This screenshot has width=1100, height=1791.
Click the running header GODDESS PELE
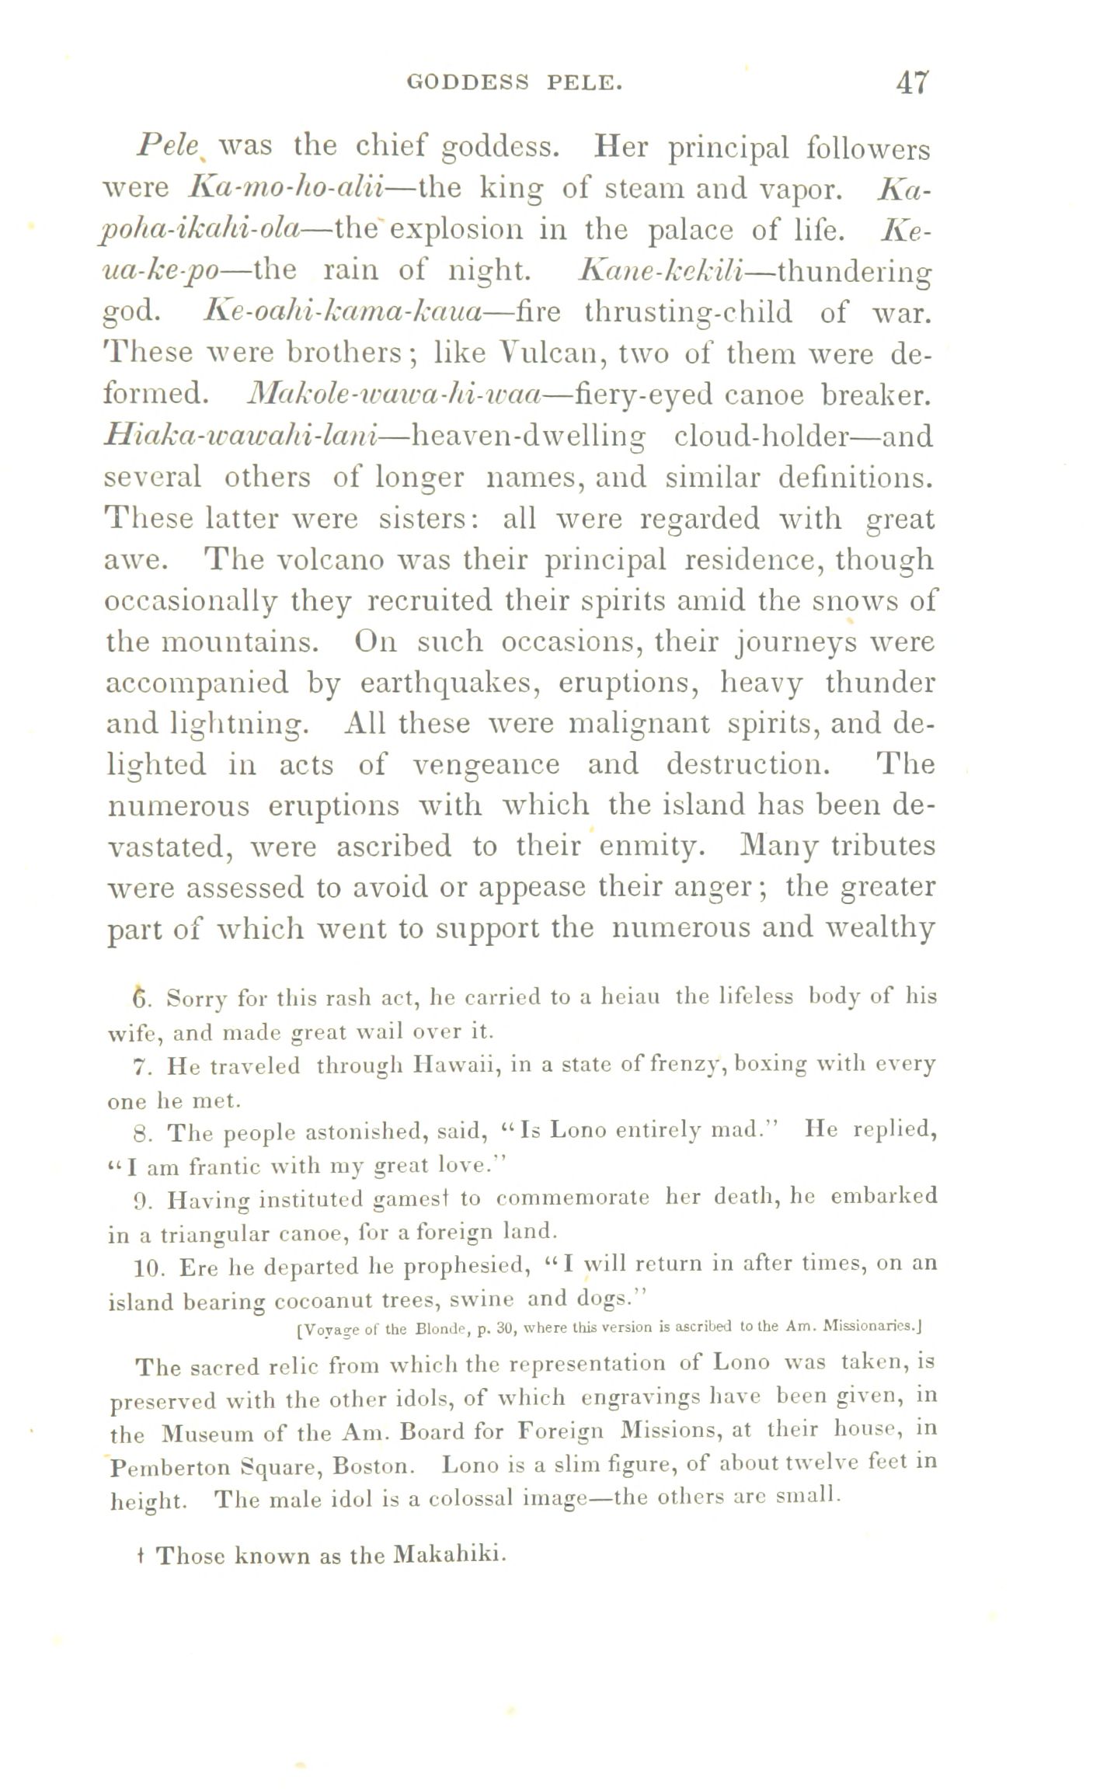515,82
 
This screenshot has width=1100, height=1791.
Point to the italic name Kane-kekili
663,270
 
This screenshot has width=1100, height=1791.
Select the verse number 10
146,1268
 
